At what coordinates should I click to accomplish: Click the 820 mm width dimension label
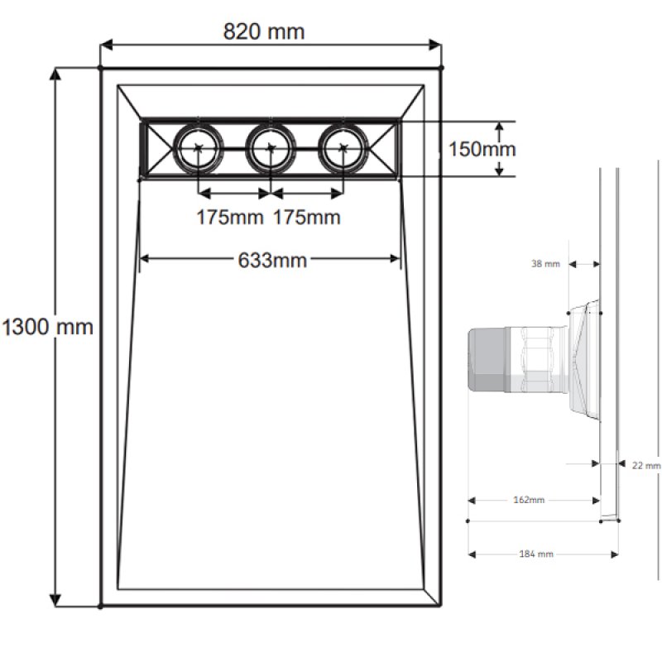[x=264, y=31]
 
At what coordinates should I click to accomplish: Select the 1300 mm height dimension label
[x=47, y=327]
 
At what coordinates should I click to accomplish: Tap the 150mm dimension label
[x=482, y=149]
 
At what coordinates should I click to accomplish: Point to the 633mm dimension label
[x=272, y=260]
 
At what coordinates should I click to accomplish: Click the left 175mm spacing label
[x=230, y=218]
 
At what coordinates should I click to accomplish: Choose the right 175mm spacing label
[x=306, y=218]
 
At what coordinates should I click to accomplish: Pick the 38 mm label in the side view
[x=545, y=264]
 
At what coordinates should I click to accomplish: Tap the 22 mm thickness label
[x=646, y=465]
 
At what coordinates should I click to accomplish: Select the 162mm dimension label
[x=529, y=500]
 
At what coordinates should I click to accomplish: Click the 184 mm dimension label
[x=535, y=554]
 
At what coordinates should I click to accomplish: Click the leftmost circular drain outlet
[x=198, y=149]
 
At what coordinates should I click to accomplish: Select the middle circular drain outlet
[x=271, y=149]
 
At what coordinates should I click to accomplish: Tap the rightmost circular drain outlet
[x=343, y=149]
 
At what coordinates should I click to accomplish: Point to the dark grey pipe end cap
[x=487, y=361]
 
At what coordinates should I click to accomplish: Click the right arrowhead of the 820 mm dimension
[x=435, y=45]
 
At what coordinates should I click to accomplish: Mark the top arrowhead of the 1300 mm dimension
[x=55, y=74]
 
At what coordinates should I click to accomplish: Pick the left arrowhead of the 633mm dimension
[x=144, y=258]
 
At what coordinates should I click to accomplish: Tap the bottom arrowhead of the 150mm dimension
[x=499, y=170]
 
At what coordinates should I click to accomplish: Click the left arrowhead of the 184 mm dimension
[x=472, y=554]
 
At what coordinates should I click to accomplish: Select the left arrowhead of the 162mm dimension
[x=472, y=501]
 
